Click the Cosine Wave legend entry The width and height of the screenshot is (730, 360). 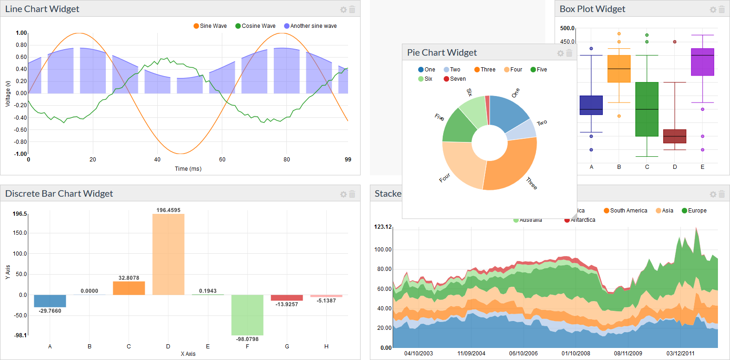click(x=255, y=26)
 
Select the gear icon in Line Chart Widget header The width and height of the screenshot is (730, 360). click(x=343, y=10)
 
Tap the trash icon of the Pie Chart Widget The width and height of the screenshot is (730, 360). click(x=569, y=53)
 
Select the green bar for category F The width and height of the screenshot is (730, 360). click(x=247, y=315)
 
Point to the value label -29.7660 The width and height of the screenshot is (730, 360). click(x=50, y=311)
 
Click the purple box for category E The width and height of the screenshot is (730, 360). click(x=702, y=62)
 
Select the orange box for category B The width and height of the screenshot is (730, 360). click(x=619, y=69)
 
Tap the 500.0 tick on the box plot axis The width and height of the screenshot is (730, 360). click(x=567, y=28)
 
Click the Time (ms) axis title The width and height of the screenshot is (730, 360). click(x=188, y=169)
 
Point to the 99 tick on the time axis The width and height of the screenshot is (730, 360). click(x=348, y=160)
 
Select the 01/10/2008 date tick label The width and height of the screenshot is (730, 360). click(x=575, y=354)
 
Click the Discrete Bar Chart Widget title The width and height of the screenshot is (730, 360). click(x=59, y=193)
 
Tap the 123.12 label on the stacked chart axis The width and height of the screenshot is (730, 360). click(x=383, y=227)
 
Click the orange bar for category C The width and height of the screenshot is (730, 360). click(x=129, y=288)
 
